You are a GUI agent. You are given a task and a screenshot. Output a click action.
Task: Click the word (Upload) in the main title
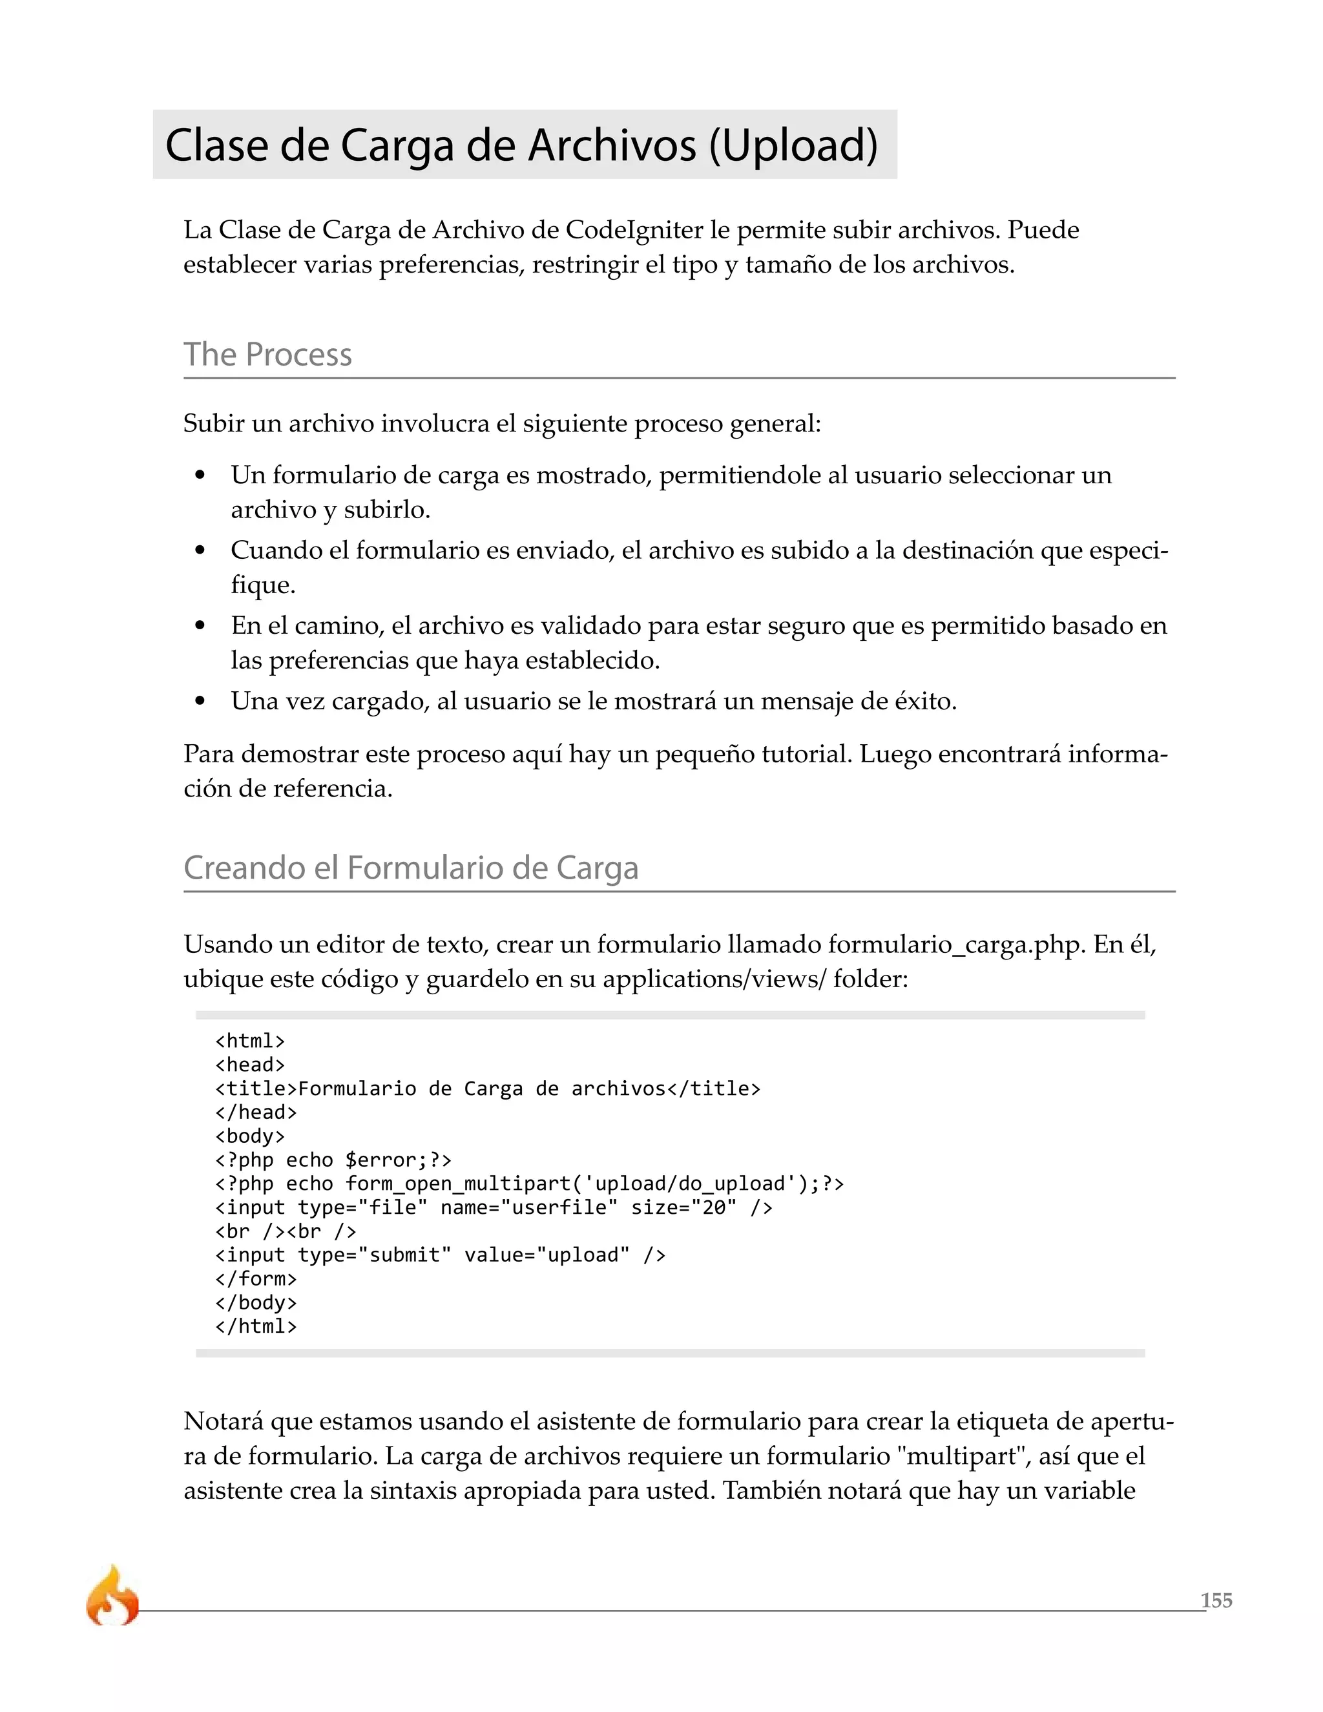click(x=793, y=146)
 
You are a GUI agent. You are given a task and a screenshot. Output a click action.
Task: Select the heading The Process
click(x=267, y=354)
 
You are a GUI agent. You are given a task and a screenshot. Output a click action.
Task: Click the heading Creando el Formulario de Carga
click(x=411, y=868)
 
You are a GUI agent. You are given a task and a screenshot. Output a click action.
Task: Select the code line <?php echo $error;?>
click(x=333, y=1160)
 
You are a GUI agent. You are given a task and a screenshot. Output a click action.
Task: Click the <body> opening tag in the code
click(x=250, y=1136)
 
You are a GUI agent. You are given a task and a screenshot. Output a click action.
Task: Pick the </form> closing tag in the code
click(x=256, y=1279)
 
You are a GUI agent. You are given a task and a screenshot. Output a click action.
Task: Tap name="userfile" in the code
click(x=523, y=1207)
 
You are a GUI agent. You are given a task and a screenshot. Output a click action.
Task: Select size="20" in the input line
click(x=683, y=1207)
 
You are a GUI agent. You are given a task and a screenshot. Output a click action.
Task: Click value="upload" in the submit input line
click(x=547, y=1255)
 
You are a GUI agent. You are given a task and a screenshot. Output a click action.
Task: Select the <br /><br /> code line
click(x=286, y=1231)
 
